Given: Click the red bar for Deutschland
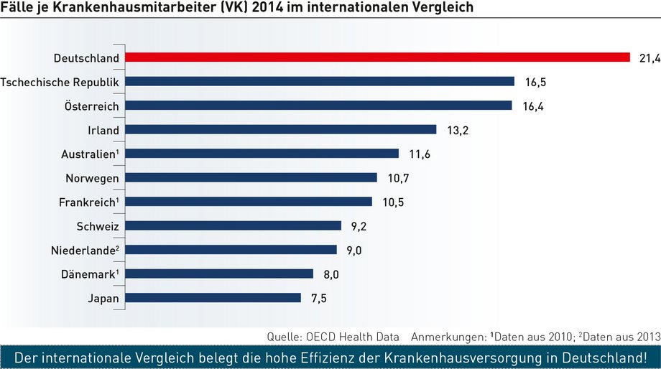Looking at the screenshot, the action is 377,57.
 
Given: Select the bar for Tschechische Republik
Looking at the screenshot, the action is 320,81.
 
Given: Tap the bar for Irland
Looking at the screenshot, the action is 281,129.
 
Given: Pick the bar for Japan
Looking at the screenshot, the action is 213,298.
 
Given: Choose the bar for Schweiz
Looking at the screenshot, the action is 233,226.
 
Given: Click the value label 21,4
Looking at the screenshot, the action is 650,58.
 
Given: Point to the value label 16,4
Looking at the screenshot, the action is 533,106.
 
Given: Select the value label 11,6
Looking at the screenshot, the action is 420,154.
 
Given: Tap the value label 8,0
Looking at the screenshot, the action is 331,275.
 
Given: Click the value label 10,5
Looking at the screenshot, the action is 393,202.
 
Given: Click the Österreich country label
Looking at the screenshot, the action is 91,106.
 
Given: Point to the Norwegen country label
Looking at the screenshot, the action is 92,179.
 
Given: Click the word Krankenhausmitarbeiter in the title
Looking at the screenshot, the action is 139,7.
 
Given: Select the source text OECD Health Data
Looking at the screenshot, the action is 353,337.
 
